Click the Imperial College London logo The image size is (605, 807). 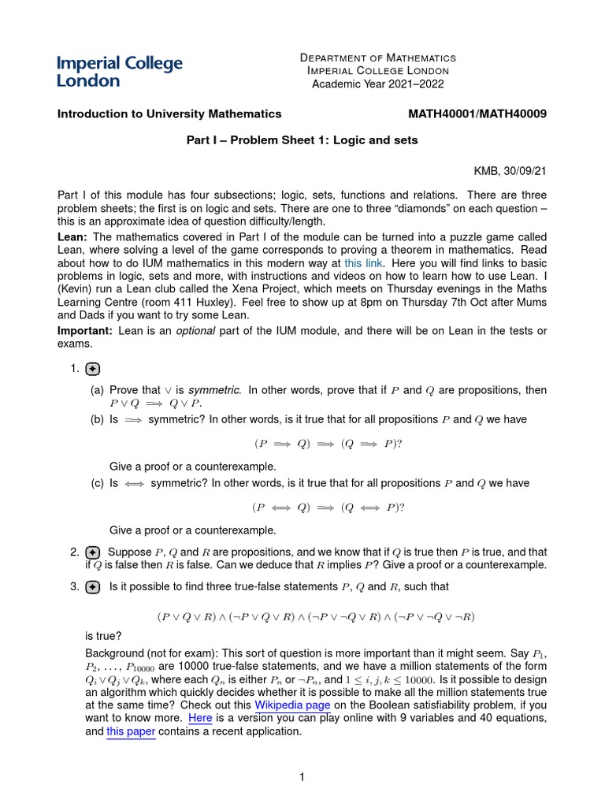[x=119, y=71]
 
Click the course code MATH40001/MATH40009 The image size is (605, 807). [x=477, y=113]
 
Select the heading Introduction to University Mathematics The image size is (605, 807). [x=169, y=113]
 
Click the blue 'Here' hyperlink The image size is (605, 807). [x=199, y=718]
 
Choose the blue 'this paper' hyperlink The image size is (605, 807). [x=131, y=731]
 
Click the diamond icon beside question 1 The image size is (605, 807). [x=92, y=369]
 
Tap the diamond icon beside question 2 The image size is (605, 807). [x=92, y=552]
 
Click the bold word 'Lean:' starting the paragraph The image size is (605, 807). [x=72, y=236]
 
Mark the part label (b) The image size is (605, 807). [x=98, y=419]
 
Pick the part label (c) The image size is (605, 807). [x=98, y=483]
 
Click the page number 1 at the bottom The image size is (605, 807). [x=301, y=777]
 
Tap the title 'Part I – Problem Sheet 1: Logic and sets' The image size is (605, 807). [x=301, y=140]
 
